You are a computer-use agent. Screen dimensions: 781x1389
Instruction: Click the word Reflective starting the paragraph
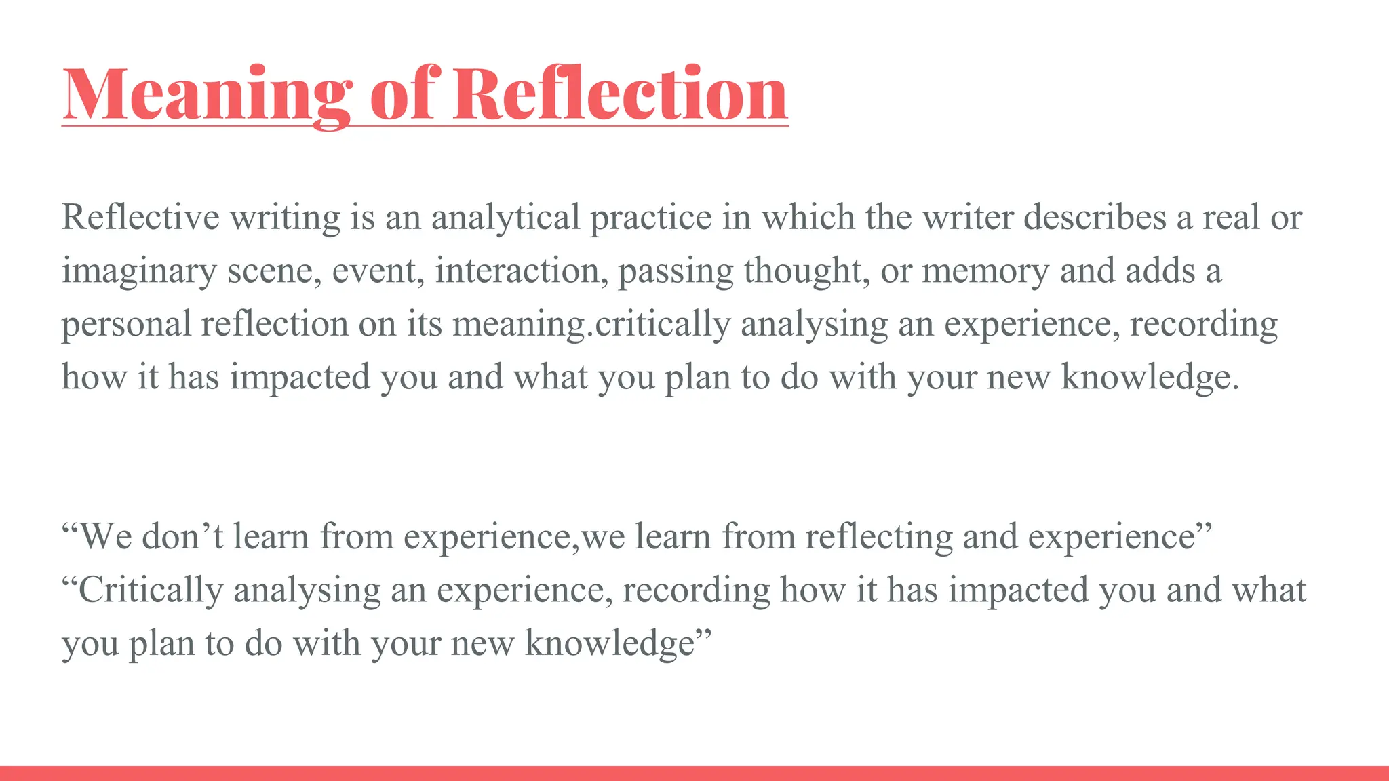click(140, 217)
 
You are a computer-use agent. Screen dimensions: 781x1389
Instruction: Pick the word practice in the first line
click(650, 218)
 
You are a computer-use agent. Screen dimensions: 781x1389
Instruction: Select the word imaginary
click(139, 271)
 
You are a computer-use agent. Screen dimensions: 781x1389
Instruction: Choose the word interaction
click(522, 270)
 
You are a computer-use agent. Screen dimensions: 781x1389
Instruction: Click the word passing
click(676, 271)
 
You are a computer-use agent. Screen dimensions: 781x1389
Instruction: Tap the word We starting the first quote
click(105, 536)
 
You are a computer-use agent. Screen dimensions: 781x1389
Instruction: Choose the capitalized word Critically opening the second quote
click(151, 590)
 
